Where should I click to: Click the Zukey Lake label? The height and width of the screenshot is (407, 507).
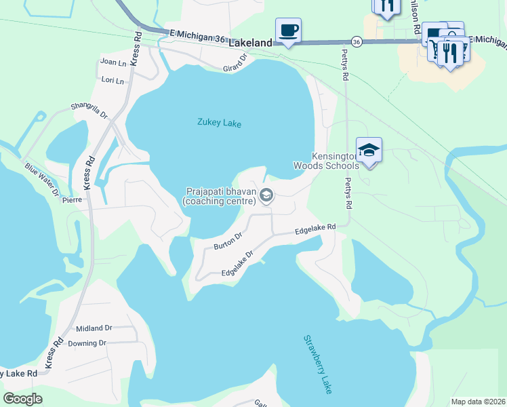tap(219, 123)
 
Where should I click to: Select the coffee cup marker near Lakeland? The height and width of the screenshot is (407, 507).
tap(288, 31)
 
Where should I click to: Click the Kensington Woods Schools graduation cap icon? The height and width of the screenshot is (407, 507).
tap(369, 150)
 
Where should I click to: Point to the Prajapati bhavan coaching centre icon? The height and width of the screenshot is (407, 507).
tap(266, 197)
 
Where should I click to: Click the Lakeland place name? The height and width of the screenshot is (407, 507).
tap(250, 42)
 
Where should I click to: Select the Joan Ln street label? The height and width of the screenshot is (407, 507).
tap(113, 62)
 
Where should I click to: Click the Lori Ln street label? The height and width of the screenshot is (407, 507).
tap(113, 81)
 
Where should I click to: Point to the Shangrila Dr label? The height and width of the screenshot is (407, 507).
tap(89, 110)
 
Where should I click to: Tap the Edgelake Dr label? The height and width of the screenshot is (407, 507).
tap(237, 264)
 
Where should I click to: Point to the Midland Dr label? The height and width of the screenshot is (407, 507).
tap(94, 328)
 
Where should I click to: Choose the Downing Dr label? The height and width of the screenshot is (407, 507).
tap(87, 343)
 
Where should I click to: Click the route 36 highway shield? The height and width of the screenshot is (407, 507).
tap(357, 42)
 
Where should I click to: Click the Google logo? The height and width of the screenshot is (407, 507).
tap(22, 398)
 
